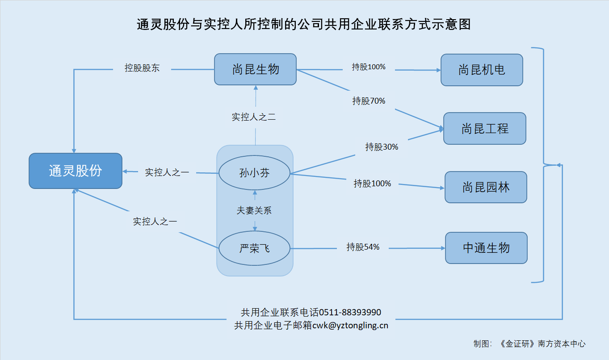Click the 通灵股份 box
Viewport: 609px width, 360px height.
pos(76,171)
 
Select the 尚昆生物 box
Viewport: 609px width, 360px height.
pos(255,69)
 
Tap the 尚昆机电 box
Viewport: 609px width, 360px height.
pos(482,70)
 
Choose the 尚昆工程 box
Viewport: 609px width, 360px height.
pos(485,129)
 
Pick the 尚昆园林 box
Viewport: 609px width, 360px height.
pos(486,187)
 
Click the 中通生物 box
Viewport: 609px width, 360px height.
pos(487,248)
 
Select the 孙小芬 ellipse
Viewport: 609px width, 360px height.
pos(255,172)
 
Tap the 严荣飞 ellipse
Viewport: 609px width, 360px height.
pos(255,248)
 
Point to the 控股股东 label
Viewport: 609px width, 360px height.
pos(142,68)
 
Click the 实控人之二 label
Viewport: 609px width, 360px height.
pos(254,117)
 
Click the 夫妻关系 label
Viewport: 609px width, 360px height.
pos(254,210)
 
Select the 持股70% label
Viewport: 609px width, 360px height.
pos(369,101)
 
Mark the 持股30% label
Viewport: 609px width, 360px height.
pos(382,147)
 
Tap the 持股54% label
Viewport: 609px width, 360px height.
pos(363,247)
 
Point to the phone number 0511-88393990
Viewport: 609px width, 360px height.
pos(350,313)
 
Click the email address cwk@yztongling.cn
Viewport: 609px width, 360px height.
pos(350,326)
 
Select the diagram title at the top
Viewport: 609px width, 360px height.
pos(304,24)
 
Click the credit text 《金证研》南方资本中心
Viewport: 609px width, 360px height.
pos(542,344)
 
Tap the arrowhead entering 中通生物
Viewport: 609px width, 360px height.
pos(443,248)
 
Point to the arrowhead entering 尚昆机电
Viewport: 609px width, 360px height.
pos(438,70)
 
